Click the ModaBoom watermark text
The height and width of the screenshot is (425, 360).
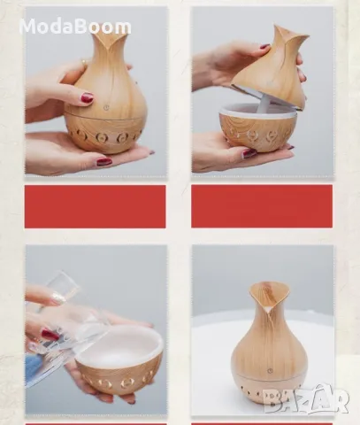tap(75, 27)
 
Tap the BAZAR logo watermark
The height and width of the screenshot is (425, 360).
tap(306, 398)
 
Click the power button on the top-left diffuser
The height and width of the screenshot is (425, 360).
tap(106, 108)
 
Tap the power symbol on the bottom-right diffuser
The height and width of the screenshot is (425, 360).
tap(270, 371)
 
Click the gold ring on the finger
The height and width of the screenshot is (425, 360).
tap(84, 63)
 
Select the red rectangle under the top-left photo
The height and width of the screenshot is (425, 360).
tap(95, 206)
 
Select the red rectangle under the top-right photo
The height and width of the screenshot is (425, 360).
tap(262, 206)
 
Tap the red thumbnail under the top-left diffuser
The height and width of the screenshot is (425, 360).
tap(104, 161)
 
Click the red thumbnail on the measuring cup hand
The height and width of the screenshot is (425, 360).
tap(50, 335)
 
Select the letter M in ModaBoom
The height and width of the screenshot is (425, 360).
tap(27, 27)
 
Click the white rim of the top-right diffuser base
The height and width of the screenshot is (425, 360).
tap(258, 111)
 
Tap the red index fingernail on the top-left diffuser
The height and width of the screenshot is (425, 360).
tap(88, 97)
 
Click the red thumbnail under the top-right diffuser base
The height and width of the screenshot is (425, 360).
tap(249, 153)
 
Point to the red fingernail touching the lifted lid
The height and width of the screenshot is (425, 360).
tap(265, 47)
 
